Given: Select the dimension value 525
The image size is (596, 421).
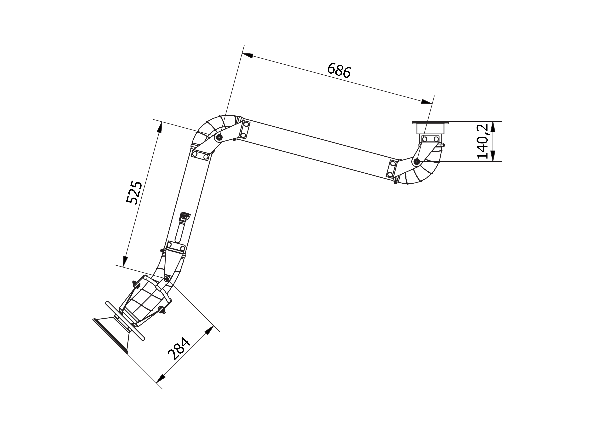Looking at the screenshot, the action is pyautogui.click(x=134, y=192).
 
